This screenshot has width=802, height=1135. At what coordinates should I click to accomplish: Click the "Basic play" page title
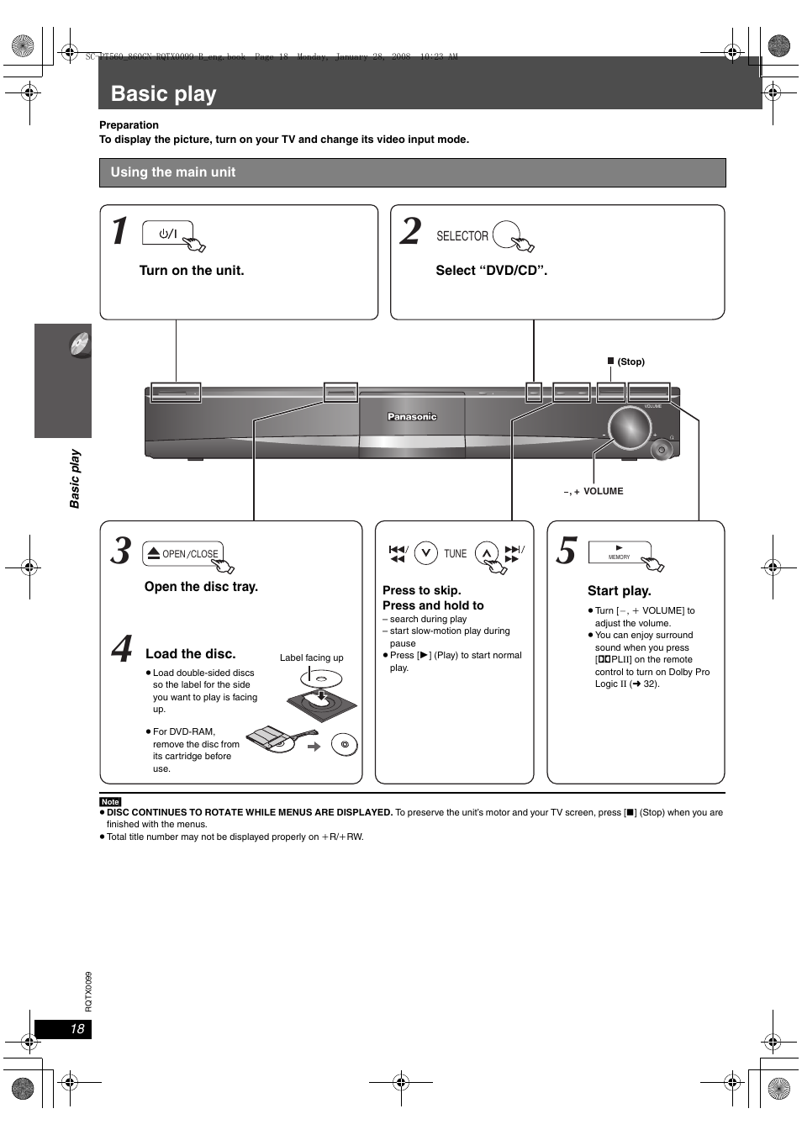click(x=164, y=94)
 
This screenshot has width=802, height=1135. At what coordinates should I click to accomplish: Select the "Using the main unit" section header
click(x=173, y=172)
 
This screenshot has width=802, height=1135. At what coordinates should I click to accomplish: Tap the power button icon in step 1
click(x=168, y=234)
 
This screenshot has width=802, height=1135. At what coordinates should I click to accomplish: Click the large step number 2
click(x=410, y=230)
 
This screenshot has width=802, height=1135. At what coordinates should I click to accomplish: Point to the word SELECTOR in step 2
click(x=462, y=236)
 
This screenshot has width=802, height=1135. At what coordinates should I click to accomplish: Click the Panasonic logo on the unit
click(x=412, y=417)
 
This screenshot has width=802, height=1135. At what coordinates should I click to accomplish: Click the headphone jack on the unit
click(x=662, y=450)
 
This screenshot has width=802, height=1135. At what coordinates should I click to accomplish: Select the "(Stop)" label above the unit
click(x=631, y=362)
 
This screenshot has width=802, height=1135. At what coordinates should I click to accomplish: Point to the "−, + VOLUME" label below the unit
click(x=594, y=491)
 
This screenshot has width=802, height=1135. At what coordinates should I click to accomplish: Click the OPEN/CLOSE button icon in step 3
click(x=183, y=553)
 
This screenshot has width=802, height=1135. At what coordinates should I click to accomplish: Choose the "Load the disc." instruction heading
click(x=191, y=653)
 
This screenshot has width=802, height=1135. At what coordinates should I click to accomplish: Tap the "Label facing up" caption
click(x=311, y=657)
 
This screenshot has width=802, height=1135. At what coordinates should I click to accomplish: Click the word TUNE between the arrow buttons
click(x=455, y=553)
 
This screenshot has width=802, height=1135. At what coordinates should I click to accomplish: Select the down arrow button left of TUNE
click(x=426, y=552)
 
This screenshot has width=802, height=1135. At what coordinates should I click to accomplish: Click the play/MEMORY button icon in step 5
click(x=620, y=552)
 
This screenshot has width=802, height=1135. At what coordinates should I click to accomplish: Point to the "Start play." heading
click(x=619, y=590)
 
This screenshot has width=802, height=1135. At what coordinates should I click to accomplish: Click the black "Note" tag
click(x=110, y=801)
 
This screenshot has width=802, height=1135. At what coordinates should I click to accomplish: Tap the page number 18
click(x=77, y=1029)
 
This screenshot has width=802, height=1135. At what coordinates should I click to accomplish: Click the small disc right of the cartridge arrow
click(x=345, y=744)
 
